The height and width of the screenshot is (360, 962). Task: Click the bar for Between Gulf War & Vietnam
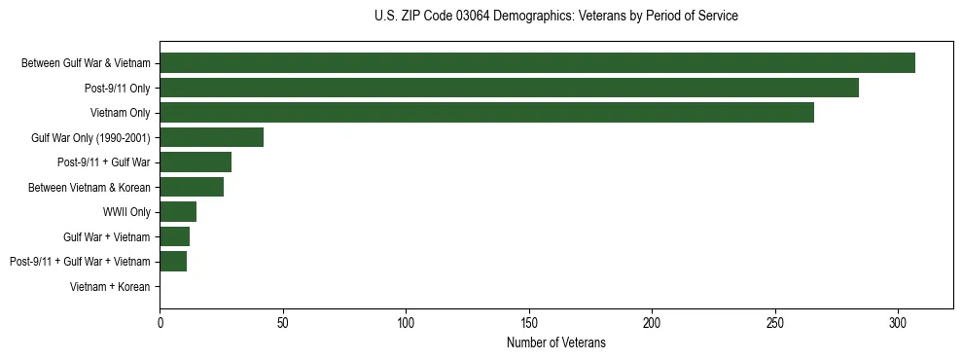click(537, 62)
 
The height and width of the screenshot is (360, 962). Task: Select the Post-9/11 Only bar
click(509, 88)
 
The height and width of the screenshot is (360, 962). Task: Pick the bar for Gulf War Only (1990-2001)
click(211, 137)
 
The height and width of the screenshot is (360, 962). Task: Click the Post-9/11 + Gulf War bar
click(196, 162)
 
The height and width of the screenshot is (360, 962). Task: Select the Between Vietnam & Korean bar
click(192, 187)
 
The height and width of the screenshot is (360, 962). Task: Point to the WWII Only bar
click(178, 212)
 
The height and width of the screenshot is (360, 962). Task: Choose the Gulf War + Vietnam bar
click(174, 236)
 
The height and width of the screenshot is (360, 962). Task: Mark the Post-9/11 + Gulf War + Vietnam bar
click(173, 262)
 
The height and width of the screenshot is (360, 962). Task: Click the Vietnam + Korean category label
click(110, 287)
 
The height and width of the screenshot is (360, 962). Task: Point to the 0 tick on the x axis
click(160, 322)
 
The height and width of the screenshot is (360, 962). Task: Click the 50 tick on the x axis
click(282, 322)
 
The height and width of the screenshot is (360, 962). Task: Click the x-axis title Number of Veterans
click(555, 342)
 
